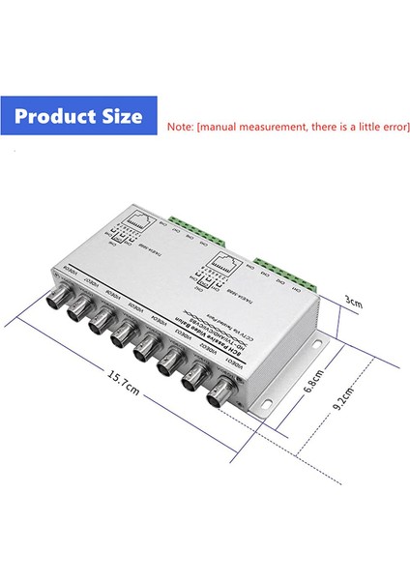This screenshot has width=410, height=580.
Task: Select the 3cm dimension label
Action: [x=353, y=302]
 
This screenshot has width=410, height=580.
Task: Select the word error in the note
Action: [x=379, y=127]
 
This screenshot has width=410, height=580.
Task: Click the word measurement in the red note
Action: [x=277, y=127]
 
